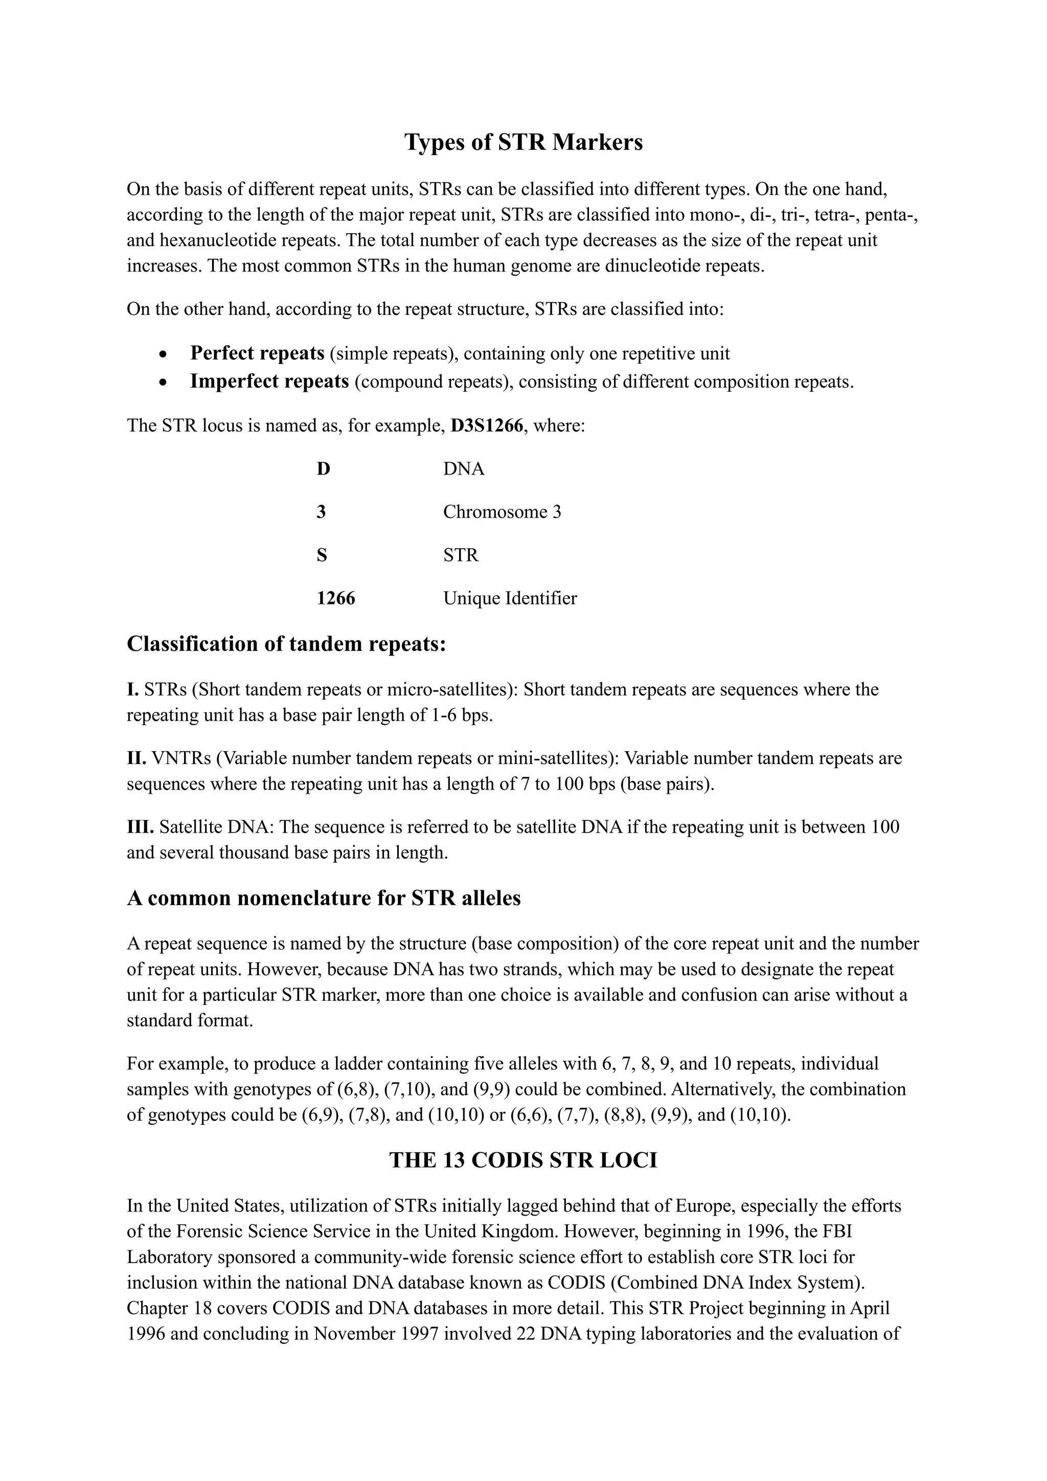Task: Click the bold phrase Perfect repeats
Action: (x=257, y=353)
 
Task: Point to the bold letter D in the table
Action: (x=323, y=469)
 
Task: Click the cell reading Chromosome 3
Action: (x=502, y=512)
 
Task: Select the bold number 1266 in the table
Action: (x=335, y=599)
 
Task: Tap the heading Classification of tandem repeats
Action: (x=286, y=644)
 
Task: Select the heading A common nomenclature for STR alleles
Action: (x=324, y=898)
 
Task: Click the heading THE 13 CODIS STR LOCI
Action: (x=523, y=1160)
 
